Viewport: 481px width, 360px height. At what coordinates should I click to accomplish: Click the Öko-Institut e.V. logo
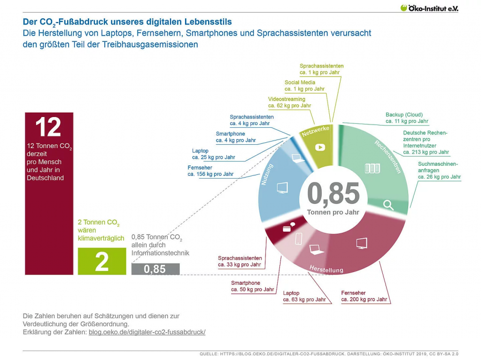tap(429, 8)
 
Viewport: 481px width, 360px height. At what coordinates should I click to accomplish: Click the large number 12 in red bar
tap(48, 127)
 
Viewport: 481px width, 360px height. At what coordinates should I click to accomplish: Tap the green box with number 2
tap(102, 261)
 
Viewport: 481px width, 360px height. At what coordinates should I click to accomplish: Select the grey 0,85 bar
tap(155, 269)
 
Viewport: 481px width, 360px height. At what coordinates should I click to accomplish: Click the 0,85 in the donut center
tap(333, 193)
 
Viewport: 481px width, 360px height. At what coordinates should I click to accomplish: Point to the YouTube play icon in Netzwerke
tap(320, 147)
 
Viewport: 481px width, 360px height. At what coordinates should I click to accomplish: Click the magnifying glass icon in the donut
tap(388, 205)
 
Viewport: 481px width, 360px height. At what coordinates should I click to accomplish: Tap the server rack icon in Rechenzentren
tap(372, 168)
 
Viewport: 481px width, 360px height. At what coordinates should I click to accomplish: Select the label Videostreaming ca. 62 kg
tap(289, 102)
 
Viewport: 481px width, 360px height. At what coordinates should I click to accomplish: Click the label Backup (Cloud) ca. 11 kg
tap(407, 118)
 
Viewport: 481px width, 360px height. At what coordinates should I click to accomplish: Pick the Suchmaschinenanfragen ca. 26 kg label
tap(439, 170)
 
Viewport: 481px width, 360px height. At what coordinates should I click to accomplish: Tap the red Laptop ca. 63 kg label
tap(304, 296)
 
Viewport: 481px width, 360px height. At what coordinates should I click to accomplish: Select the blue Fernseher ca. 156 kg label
tap(210, 171)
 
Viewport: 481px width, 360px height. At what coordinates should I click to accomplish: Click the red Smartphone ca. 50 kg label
tap(252, 286)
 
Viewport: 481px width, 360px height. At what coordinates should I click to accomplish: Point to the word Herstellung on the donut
tap(326, 269)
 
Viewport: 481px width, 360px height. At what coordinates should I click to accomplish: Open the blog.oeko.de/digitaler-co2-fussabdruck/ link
tap(147, 332)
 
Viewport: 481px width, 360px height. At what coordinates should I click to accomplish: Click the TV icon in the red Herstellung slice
tap(361, 243)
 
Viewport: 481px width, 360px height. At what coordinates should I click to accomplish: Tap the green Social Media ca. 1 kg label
tap(304, 86)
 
